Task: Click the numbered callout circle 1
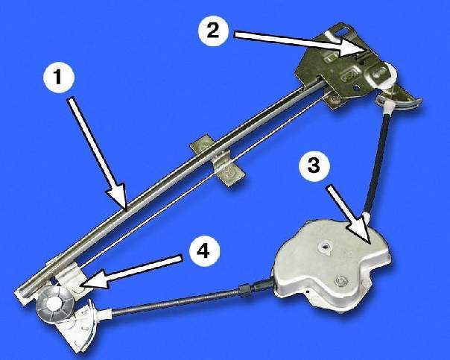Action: (59, 78)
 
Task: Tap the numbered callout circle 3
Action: (314, 166)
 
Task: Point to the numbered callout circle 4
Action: (204, 251)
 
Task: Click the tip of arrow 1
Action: (124, 209)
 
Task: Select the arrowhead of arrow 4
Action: (79, 284)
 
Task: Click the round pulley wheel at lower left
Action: (55, 304)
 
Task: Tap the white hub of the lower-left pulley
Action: (54, 303)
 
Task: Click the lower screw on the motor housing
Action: (341, 280)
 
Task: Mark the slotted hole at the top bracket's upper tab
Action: (345, 29)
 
